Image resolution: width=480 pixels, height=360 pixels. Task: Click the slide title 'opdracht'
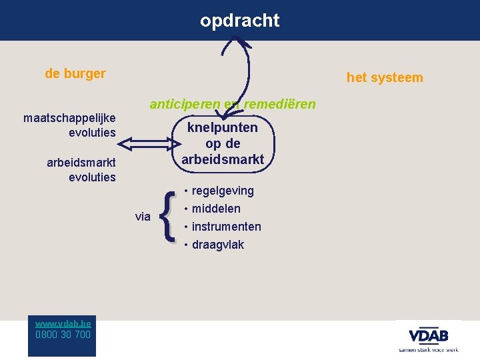click(x=239, y=21)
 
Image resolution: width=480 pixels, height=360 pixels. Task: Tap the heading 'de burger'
click(x=75, y=73)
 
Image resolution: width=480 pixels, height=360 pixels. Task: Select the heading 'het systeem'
click(x=385, y=78)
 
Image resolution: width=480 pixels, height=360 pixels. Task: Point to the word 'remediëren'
click(x=280, y=104)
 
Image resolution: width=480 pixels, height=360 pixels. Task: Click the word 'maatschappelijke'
click(x=69, y=118)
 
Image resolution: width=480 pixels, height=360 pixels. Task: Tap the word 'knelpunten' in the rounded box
click(x=223, y=127)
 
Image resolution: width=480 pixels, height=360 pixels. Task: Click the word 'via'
click(x=143, y=216)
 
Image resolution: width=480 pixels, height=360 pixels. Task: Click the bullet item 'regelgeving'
click(x=222, y=191)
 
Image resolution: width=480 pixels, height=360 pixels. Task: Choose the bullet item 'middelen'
click(x=215, y=209)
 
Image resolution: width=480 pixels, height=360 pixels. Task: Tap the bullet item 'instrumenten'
click(x=226, y=227)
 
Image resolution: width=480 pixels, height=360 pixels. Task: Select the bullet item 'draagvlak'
click(x=217, y=245)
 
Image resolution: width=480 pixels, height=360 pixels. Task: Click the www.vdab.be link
click(x=63, y=323)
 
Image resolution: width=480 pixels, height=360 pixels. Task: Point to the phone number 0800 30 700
click(x=63, y=334)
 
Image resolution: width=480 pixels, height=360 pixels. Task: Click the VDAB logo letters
click(x=428, y=334)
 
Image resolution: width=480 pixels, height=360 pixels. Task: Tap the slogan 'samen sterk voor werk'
click(x=428, y=349)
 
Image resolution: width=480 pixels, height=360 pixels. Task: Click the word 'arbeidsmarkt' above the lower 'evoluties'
click(x=81, y=162)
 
